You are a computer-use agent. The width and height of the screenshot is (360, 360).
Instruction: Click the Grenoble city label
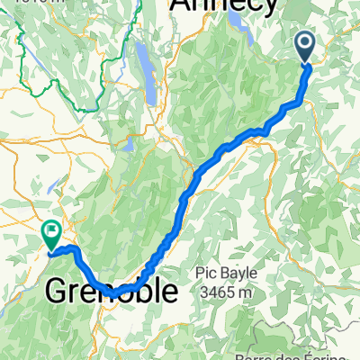click(112, 292)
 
